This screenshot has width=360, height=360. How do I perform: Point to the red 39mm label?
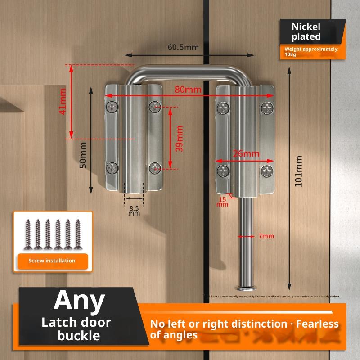tap(180, 138)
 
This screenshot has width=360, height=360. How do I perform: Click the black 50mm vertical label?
tap(83, 156)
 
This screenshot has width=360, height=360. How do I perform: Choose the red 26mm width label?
tap(246, 153)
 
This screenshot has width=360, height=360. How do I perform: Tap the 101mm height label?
tap(298, 171)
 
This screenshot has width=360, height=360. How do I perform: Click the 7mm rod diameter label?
tap(266, 236)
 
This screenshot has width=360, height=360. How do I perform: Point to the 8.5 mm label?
tap(134, 211)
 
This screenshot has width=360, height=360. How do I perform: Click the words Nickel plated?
tap(306, 31)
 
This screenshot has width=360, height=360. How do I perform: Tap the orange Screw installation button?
tap(52, 261)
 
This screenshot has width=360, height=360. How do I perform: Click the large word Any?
tap(79, 300)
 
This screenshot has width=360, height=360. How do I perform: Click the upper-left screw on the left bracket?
tap(112, 107)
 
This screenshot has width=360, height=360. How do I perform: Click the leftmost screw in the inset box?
tap(28, 234)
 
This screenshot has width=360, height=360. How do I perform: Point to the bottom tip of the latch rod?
tap(245, 287)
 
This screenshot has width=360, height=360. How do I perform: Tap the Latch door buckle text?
tap(76, 329)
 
